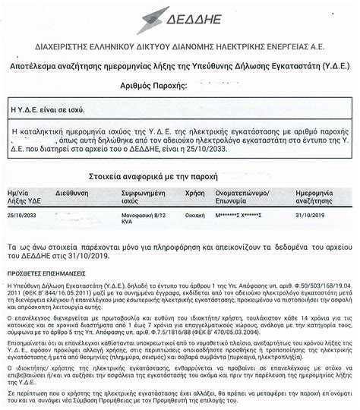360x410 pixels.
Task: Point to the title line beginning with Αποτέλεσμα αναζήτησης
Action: [x=180, y=66]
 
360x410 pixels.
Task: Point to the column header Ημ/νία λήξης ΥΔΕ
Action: [x=22, y=197]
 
